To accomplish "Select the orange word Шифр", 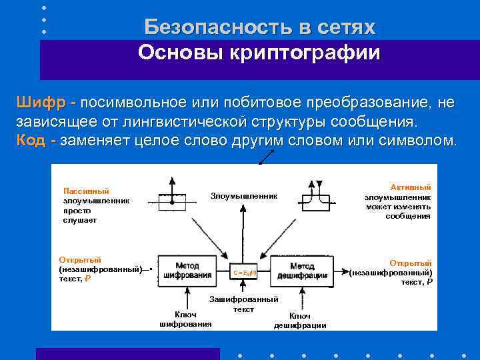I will [x=41, y=103].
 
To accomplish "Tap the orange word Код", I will [x=32, y=141].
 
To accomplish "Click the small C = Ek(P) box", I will [x=244, y=273].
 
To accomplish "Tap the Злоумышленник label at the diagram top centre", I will [x=243, y=195].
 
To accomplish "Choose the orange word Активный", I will [x=411, y=187].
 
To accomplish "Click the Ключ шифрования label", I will [x=185, y=319].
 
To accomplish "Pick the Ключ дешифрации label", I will [x=300, y=321].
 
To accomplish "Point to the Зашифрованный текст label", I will [x=244, y=304].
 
